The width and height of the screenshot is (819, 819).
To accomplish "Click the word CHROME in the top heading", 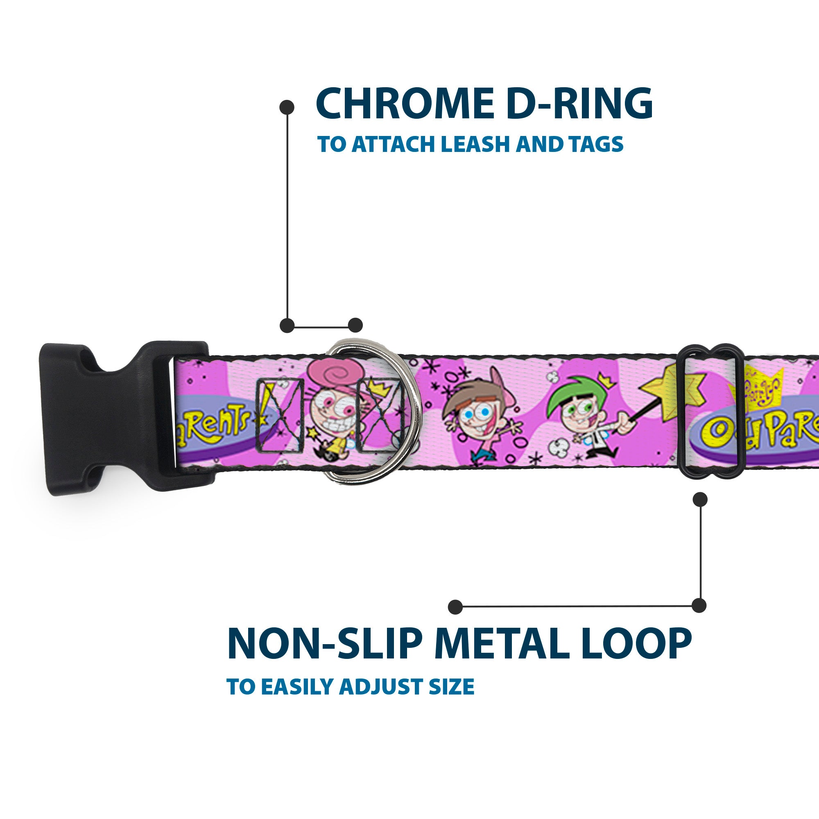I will click(405, 104).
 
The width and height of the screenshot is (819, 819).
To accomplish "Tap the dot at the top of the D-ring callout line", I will click(287, 107).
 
